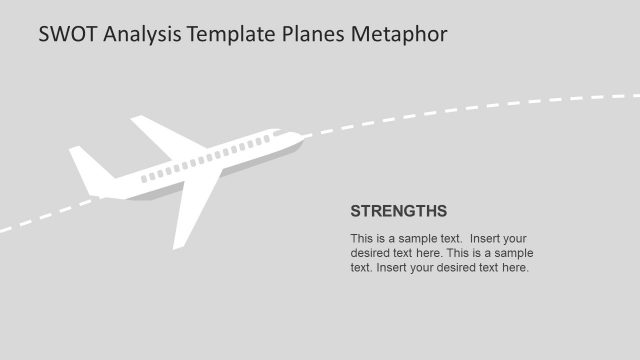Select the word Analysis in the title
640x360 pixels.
pos(141,34)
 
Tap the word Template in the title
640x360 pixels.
pos(233,34)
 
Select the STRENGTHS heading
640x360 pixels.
pos(398,211)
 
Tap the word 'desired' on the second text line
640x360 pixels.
pos(370,253)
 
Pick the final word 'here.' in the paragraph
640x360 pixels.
pos(515,267)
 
